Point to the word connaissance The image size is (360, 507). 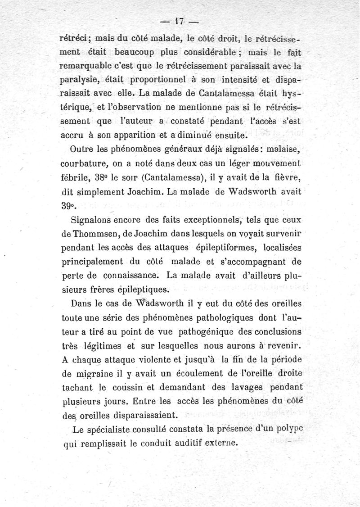(x=134, y=275)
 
